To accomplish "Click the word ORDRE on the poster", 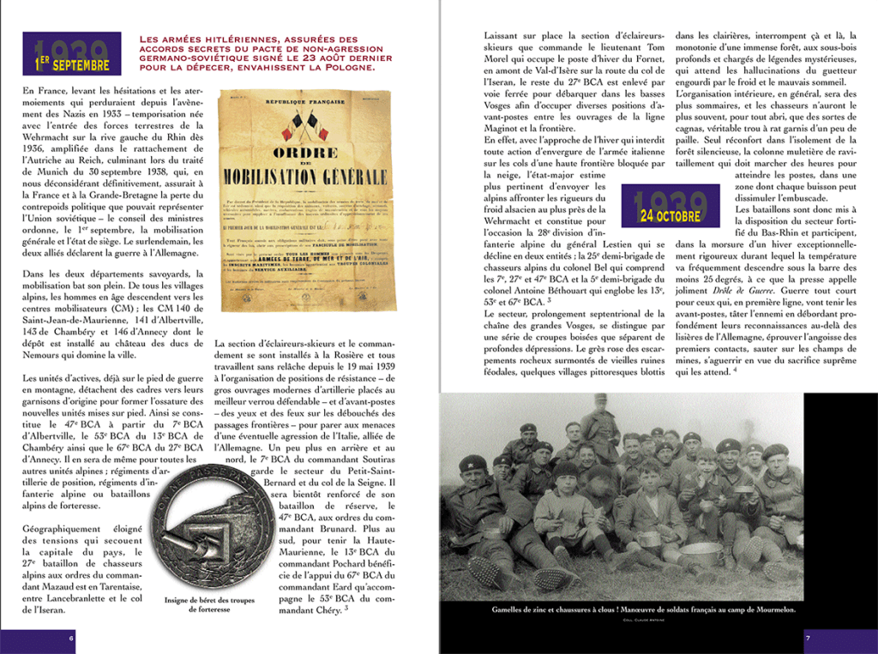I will [304, 153].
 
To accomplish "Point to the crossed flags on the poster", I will [304, 126].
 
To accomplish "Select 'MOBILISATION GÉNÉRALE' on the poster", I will [304, 177].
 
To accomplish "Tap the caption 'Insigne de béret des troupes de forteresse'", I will [210, 604].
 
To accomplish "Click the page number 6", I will [71, 638].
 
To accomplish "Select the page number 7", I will [807, 638].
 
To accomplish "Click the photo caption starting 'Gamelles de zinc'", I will [643, 609].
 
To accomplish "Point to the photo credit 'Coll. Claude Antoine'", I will [643, 620].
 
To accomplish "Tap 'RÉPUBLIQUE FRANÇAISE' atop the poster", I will [305, 101].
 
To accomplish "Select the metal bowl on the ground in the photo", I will [701, 550].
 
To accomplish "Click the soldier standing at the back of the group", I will [600, 420].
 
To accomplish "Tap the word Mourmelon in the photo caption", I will [770, 609].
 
